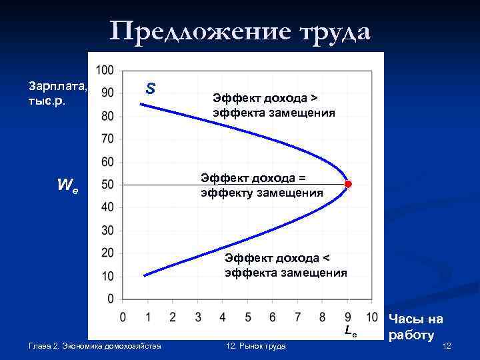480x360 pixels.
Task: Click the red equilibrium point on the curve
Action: (x=347, y=185)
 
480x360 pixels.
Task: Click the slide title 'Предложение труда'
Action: (x=240, y=31)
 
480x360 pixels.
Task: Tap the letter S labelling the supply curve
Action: (x=151, y=88)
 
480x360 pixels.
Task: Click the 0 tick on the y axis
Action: (x=110, y=298)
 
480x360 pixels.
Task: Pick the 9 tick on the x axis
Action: (x=347, y=316)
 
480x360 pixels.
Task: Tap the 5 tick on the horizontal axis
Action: (x=247, y=316)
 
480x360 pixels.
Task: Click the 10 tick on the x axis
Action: (x=372, y=316)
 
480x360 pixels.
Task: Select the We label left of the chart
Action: (x=66, y=186)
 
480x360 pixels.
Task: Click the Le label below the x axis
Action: (x=351, y=331)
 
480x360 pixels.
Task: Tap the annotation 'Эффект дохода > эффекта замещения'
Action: (x=273, y=105)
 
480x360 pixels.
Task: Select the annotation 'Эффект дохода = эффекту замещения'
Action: (x=261, y=185)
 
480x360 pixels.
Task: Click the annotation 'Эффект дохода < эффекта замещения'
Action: (x=285, y=265)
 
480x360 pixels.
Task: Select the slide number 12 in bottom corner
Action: (x=447, y=345)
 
